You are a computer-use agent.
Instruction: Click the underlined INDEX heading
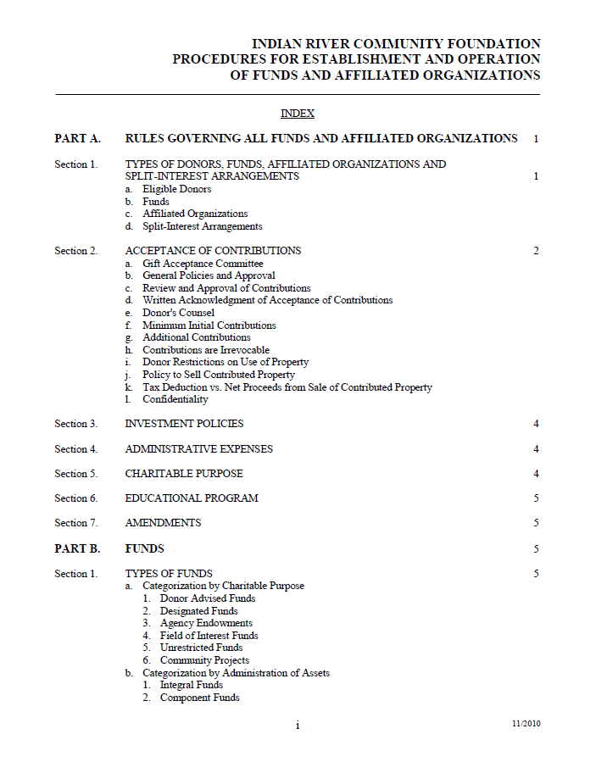pos(298,114)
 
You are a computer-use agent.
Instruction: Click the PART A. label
pos(77,138)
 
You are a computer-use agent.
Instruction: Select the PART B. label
pos(77,548)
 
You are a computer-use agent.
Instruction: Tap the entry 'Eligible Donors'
pos(176,189)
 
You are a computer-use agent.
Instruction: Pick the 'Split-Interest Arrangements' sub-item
pos(202,226)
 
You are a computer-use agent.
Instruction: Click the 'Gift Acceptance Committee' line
pos(203,264)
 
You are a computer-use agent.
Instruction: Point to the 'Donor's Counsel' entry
pos(178,313)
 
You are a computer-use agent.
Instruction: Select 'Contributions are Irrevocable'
pos(205,350)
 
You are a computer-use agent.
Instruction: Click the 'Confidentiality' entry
pos(175,399)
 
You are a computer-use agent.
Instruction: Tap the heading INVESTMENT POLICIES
pos(184,424)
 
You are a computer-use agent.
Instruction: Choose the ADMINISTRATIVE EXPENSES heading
pos(198,449)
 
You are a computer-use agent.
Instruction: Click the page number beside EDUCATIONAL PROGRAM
pos(536,498)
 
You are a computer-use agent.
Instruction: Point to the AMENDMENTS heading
pos(163,523)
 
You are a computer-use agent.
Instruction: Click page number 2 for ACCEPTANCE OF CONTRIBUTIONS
pos(536,251)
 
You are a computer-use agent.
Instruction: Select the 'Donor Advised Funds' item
pos(207,598)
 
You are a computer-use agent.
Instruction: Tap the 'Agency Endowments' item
pos(206,623)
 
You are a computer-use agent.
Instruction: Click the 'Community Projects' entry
pos(204,660)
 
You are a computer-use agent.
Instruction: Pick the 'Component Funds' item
pos(199,698)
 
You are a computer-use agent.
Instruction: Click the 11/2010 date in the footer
pos(526,724)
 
